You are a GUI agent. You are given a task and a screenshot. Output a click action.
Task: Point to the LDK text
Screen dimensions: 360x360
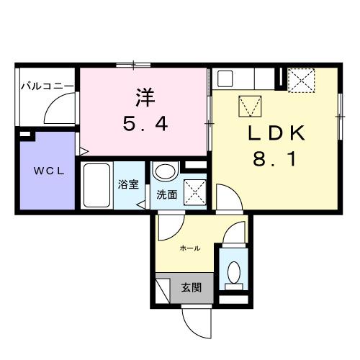277,133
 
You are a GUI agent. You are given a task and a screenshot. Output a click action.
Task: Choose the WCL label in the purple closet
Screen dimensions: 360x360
45,171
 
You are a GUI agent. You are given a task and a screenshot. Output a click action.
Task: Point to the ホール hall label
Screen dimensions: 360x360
189,248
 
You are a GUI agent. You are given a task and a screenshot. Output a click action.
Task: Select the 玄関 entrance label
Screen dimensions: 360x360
191,287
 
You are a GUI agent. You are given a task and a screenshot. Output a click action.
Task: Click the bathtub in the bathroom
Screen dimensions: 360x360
96,185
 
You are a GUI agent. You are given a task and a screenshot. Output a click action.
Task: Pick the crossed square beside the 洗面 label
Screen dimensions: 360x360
194,192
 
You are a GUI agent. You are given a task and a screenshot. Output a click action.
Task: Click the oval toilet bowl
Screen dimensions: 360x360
233,271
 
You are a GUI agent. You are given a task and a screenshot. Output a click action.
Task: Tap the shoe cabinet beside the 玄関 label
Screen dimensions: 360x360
166,287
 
